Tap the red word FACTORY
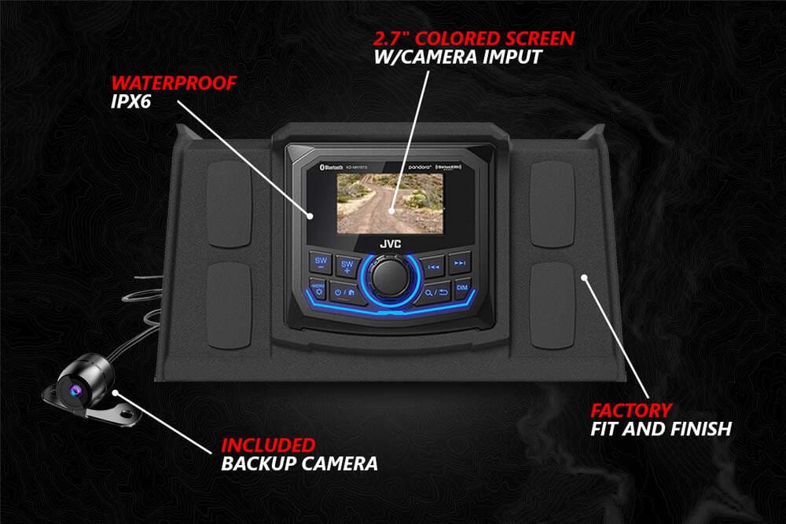[631, 409]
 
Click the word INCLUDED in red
[267, 445]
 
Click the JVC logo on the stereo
[390, 244]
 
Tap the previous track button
[432, 266]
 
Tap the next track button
[461, 263]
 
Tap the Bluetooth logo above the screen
[325, 167]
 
